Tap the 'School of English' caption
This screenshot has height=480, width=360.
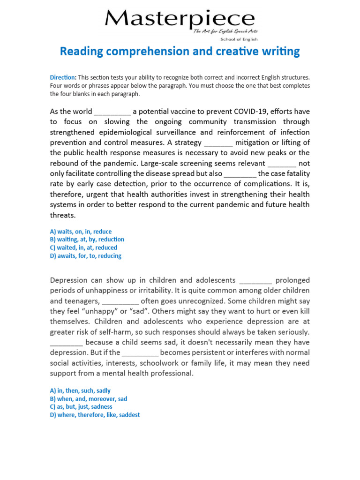coord(239,39)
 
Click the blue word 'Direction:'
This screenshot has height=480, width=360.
coord(63,77)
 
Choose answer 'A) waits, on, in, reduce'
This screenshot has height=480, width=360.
coord(81,232)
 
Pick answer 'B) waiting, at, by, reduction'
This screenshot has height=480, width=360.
coord(87,240)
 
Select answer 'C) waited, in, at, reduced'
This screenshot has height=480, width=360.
coord(83,247)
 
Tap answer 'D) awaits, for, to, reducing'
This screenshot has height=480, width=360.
coord(85,256)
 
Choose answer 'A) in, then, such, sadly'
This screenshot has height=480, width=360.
coord(80,390)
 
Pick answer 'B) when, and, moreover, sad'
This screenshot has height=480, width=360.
coord(88,399)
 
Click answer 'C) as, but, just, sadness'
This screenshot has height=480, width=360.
coord(81,407)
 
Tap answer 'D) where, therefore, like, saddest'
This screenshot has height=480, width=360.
coord(95,415)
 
